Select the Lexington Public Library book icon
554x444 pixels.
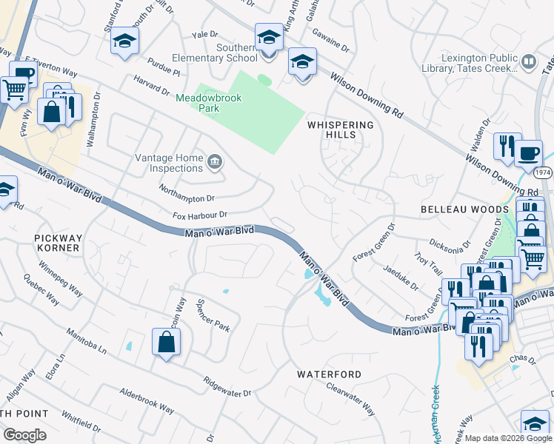(529, 62)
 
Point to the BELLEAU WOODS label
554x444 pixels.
(464, 210)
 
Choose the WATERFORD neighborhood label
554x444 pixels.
(330, 374)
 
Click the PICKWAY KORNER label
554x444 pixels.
(56, 243)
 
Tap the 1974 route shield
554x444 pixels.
(542, 172)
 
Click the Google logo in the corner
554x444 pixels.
(24, 434)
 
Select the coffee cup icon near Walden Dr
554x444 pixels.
(528, 152)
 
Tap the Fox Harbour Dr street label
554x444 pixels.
(201, 215)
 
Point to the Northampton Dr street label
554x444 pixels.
(186, 193)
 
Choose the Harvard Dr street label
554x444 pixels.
(152, 85)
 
